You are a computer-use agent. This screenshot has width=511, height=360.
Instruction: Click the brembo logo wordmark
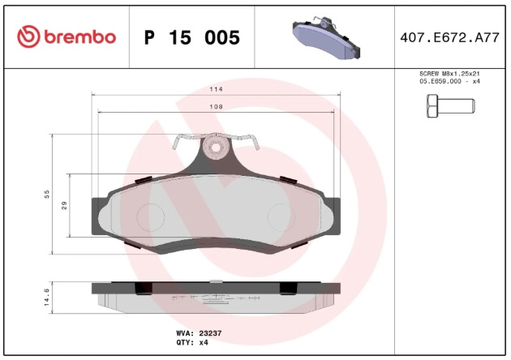pyautogui.click(x=79, y=36)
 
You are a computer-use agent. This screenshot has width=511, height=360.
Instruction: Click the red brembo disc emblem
pyautogui.click(x=28, y=36)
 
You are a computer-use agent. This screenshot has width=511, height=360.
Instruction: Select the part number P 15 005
pyautogui.click(x=192, y=37)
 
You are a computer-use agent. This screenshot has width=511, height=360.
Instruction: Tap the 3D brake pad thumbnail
pyautogui.click(x=326, y=38)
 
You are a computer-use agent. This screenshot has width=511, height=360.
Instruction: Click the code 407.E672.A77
pyautogui.click(x=449, y=38)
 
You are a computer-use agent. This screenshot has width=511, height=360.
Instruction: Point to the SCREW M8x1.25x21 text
pyautogui.click(x=449, y=74)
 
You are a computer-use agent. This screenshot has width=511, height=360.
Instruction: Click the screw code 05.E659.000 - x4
pyautogui.click(x=449, y=81)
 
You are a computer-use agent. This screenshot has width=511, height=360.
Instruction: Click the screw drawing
pyautogui.click(x=451, y=106)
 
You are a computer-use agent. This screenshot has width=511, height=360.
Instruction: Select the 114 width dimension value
pyautogui.click(x=216, y=89)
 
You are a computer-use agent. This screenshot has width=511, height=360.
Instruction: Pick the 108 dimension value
pyautogui.click(x=216, y=106)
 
